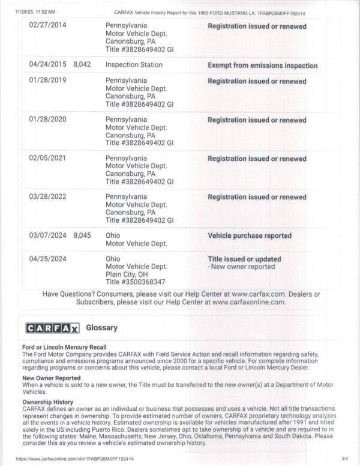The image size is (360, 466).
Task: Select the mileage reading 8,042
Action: tap(82, 65)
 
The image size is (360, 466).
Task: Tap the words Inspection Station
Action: tap(134, 65)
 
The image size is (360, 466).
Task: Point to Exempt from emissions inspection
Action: tap(262, 65)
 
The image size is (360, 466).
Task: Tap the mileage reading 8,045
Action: tap(82, 235)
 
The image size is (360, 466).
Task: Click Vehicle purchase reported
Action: tap(250, 236)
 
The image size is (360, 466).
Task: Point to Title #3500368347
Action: tap(135, 282)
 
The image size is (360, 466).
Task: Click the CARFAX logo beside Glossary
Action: tap(52, 327)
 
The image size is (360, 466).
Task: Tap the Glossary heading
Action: tap(102, 328)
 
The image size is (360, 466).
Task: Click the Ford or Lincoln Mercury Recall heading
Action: tap(64, 347)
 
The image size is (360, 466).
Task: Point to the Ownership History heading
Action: tap(47, 402)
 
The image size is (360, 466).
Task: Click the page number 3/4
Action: tap(343, 458)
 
